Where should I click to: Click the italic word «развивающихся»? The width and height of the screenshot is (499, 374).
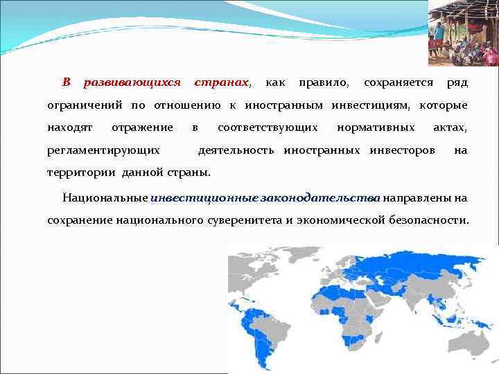pos(132,83)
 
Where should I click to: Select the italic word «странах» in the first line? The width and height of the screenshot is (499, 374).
pos(222,83)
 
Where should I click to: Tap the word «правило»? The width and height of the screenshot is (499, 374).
pos(324,83)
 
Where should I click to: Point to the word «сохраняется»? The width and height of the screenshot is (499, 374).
pos(399,83)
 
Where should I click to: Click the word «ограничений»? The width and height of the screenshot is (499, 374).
pos(85,106)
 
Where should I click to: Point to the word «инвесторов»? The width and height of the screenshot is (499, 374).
pos(403,150)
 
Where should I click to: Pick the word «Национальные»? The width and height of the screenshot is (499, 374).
pos(105,198)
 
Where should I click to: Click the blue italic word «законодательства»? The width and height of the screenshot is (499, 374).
pos(320,198)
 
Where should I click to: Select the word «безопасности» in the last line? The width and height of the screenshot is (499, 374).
pos(427,220)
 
